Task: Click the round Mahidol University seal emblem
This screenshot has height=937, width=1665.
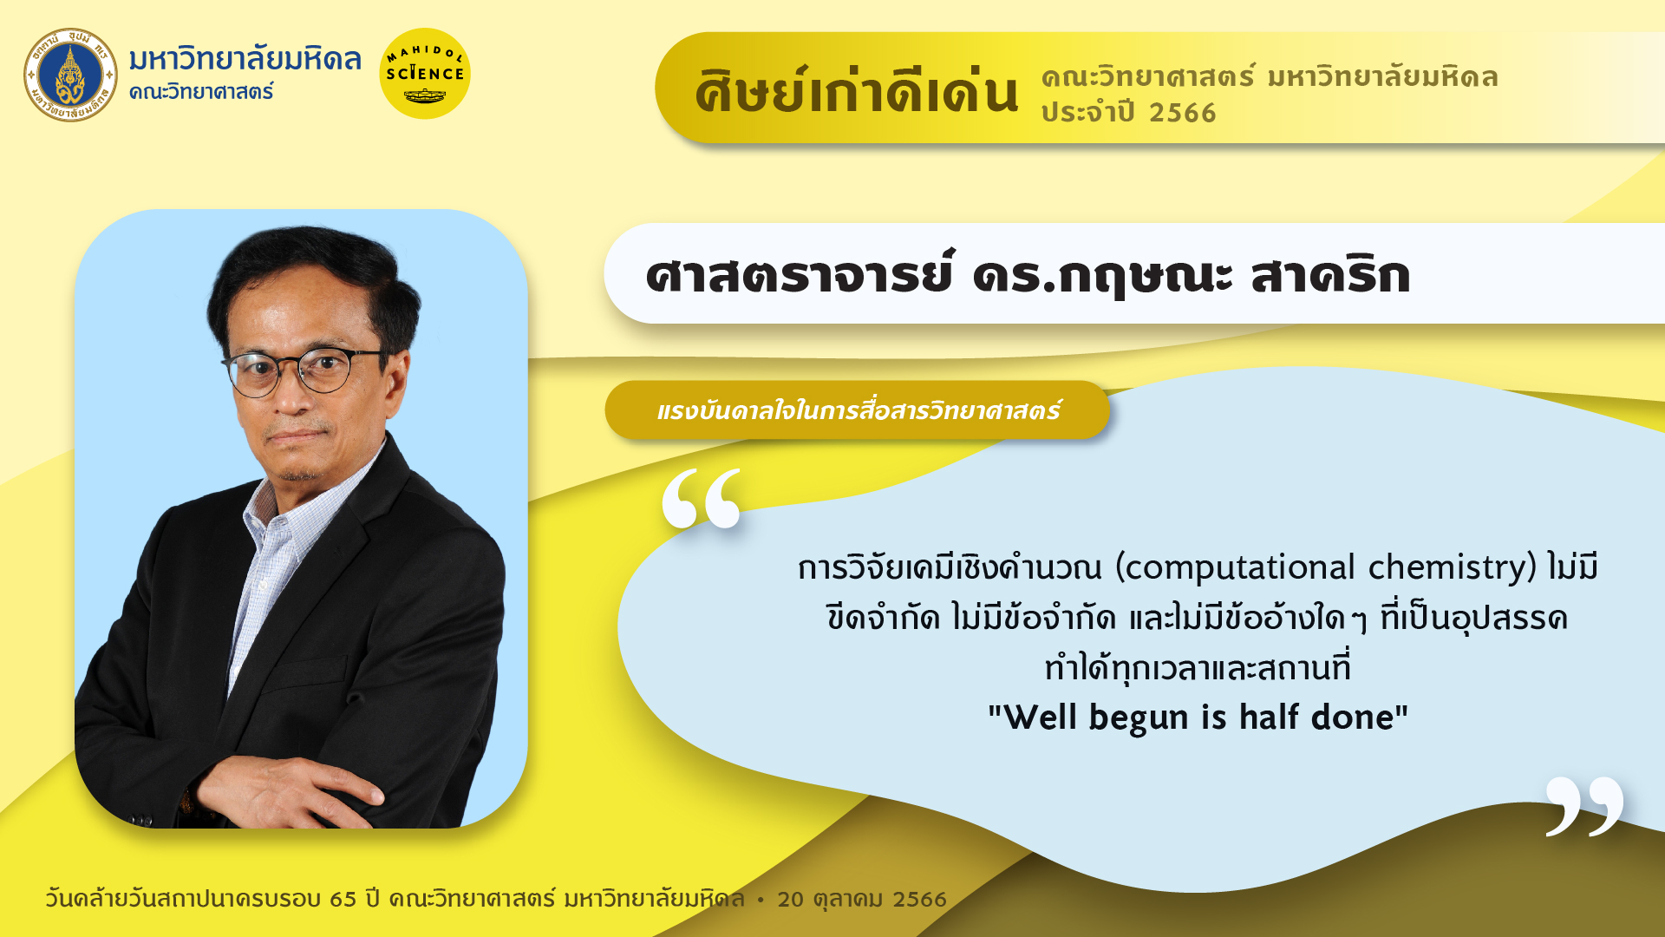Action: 70,75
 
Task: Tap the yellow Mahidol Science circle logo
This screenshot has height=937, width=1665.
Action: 425,74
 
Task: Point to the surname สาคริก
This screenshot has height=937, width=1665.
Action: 1330,275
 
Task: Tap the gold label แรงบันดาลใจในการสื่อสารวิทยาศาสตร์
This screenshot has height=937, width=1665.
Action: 857,410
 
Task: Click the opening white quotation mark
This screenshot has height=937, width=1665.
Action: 702,498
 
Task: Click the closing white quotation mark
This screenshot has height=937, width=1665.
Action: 1584,806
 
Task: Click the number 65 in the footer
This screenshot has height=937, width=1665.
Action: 343,899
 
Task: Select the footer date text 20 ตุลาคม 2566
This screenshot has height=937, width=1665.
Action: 862,900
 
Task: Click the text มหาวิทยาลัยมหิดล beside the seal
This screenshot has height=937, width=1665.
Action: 245,59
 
